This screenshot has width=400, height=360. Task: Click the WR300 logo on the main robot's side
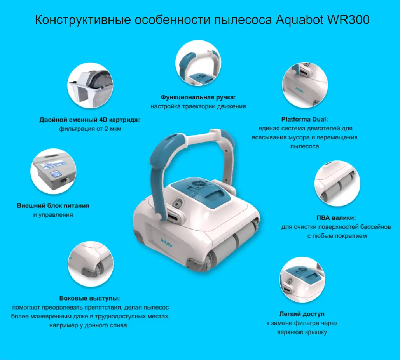click(166, 243)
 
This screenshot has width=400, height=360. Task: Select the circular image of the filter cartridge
click(90, 85)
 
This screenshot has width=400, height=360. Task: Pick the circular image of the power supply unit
click(53, 171)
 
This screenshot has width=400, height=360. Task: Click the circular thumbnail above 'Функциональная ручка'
click(198, 63)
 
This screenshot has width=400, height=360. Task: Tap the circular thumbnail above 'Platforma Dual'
click(305, 85)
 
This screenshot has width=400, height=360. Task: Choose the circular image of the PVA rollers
click(337, 183)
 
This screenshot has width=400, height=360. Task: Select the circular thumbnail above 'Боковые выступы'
click(91, 264)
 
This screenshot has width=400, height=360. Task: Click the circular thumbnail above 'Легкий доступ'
click(302, 280)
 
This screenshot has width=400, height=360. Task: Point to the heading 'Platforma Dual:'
click(305, 119)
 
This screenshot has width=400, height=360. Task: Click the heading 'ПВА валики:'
click(336, 218)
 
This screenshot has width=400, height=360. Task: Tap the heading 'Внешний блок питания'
click(53, 205)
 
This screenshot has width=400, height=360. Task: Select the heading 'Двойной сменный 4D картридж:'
click(90, 120)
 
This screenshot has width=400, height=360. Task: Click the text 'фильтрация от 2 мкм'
click(90, 129)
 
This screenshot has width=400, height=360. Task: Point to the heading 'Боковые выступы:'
click(89, 298)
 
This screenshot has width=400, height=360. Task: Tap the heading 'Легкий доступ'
click(302, 314)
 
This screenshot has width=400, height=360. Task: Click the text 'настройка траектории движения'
click(198, 106)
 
